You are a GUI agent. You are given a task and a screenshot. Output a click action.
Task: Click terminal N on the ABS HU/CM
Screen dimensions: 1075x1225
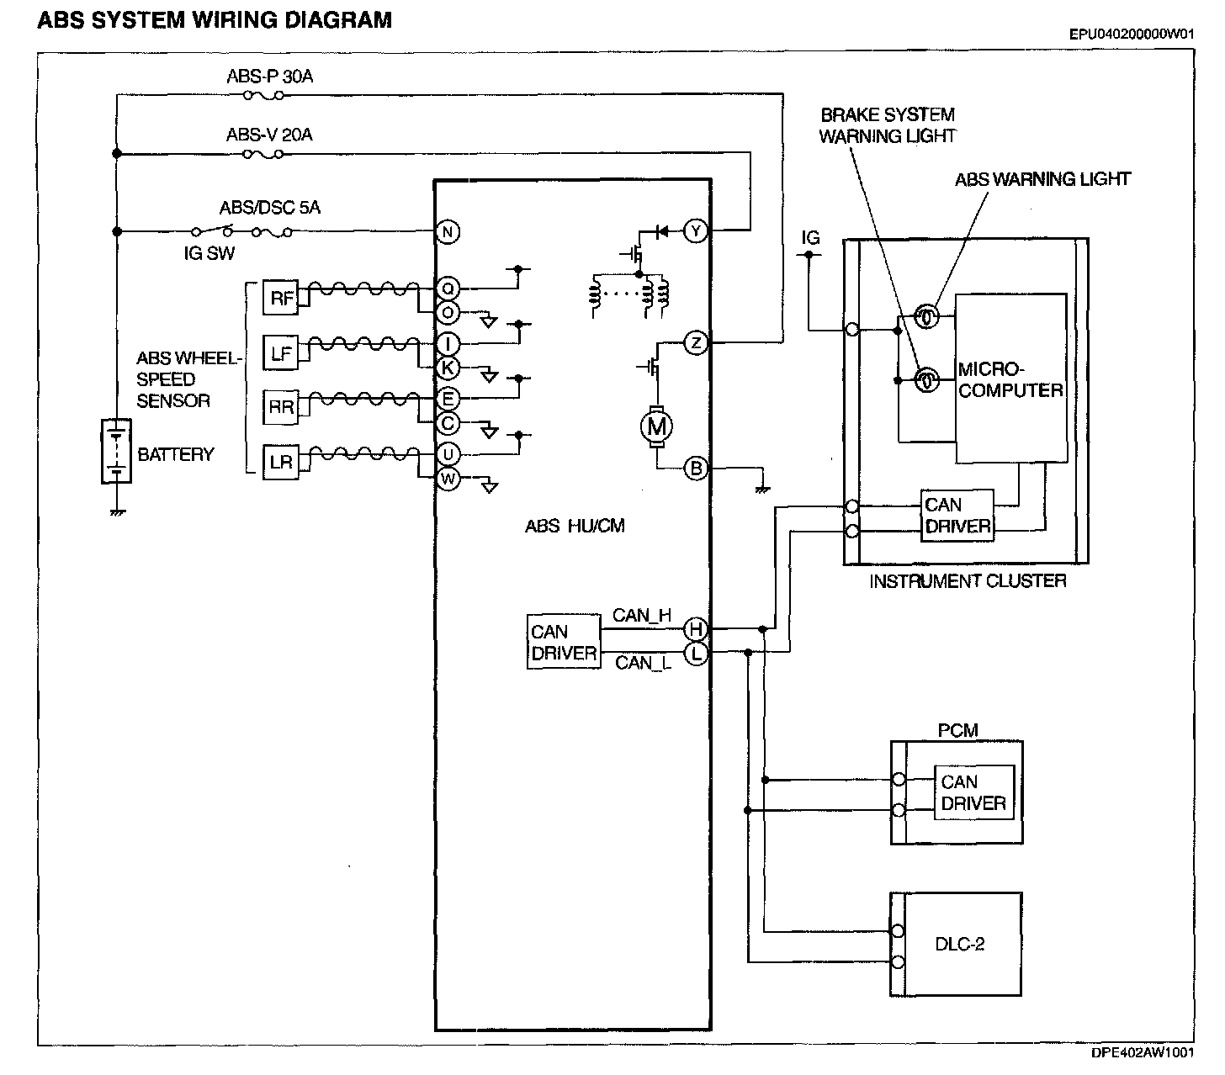448,232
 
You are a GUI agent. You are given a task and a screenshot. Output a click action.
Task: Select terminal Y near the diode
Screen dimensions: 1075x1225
696,230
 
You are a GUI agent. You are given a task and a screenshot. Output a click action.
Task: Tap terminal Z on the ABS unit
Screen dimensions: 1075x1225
696,342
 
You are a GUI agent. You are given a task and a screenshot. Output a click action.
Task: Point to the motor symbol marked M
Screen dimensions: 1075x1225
655,427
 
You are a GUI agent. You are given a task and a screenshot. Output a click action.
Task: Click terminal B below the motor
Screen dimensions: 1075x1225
696,469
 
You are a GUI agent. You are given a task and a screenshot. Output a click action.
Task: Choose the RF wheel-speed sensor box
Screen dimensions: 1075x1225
281,298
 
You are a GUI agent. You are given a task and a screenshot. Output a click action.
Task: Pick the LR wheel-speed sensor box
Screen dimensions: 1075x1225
281,462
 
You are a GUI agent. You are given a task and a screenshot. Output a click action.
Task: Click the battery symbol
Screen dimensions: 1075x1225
116,451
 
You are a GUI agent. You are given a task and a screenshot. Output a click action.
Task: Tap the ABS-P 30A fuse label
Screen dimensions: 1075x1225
269,77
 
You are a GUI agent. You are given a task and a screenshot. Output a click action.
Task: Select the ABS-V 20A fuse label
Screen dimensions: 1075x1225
269,135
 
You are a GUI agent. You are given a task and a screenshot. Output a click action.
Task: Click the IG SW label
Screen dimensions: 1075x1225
209,252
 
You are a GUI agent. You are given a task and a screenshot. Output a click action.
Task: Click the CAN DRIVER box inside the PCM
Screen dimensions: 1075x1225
973,792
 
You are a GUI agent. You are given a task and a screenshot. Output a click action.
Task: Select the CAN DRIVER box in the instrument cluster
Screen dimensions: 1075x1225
957,516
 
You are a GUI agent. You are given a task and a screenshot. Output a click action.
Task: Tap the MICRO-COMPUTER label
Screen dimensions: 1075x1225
1010,379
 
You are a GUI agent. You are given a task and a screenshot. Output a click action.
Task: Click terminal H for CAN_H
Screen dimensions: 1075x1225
696,628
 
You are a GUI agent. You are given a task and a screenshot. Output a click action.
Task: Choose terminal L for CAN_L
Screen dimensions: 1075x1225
696,652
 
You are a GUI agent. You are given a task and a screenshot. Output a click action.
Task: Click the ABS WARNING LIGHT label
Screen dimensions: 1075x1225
1042,179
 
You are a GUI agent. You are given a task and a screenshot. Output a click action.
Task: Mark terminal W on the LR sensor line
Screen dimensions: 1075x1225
448,479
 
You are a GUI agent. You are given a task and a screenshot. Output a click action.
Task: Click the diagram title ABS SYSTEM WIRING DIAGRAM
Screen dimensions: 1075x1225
215,19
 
